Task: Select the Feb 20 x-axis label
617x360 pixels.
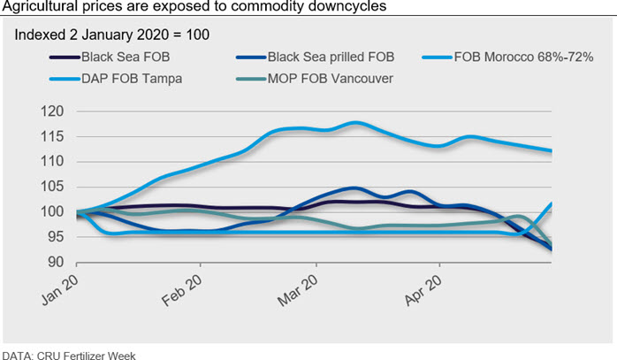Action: point(184,290)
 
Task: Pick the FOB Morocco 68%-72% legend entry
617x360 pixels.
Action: point(522,59)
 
